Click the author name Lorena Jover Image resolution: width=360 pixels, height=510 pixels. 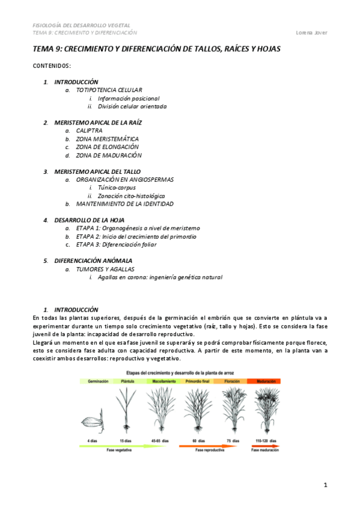pos(313,32)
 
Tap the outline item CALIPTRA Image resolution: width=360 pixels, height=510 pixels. pos(89,131)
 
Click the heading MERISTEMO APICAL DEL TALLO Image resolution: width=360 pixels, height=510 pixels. pos(97,171)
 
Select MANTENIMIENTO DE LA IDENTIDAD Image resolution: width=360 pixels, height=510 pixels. pos(124,204)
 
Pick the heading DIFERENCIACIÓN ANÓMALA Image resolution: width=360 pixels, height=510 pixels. pos(93,261)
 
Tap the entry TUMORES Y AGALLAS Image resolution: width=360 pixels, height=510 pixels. pos(105,269)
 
